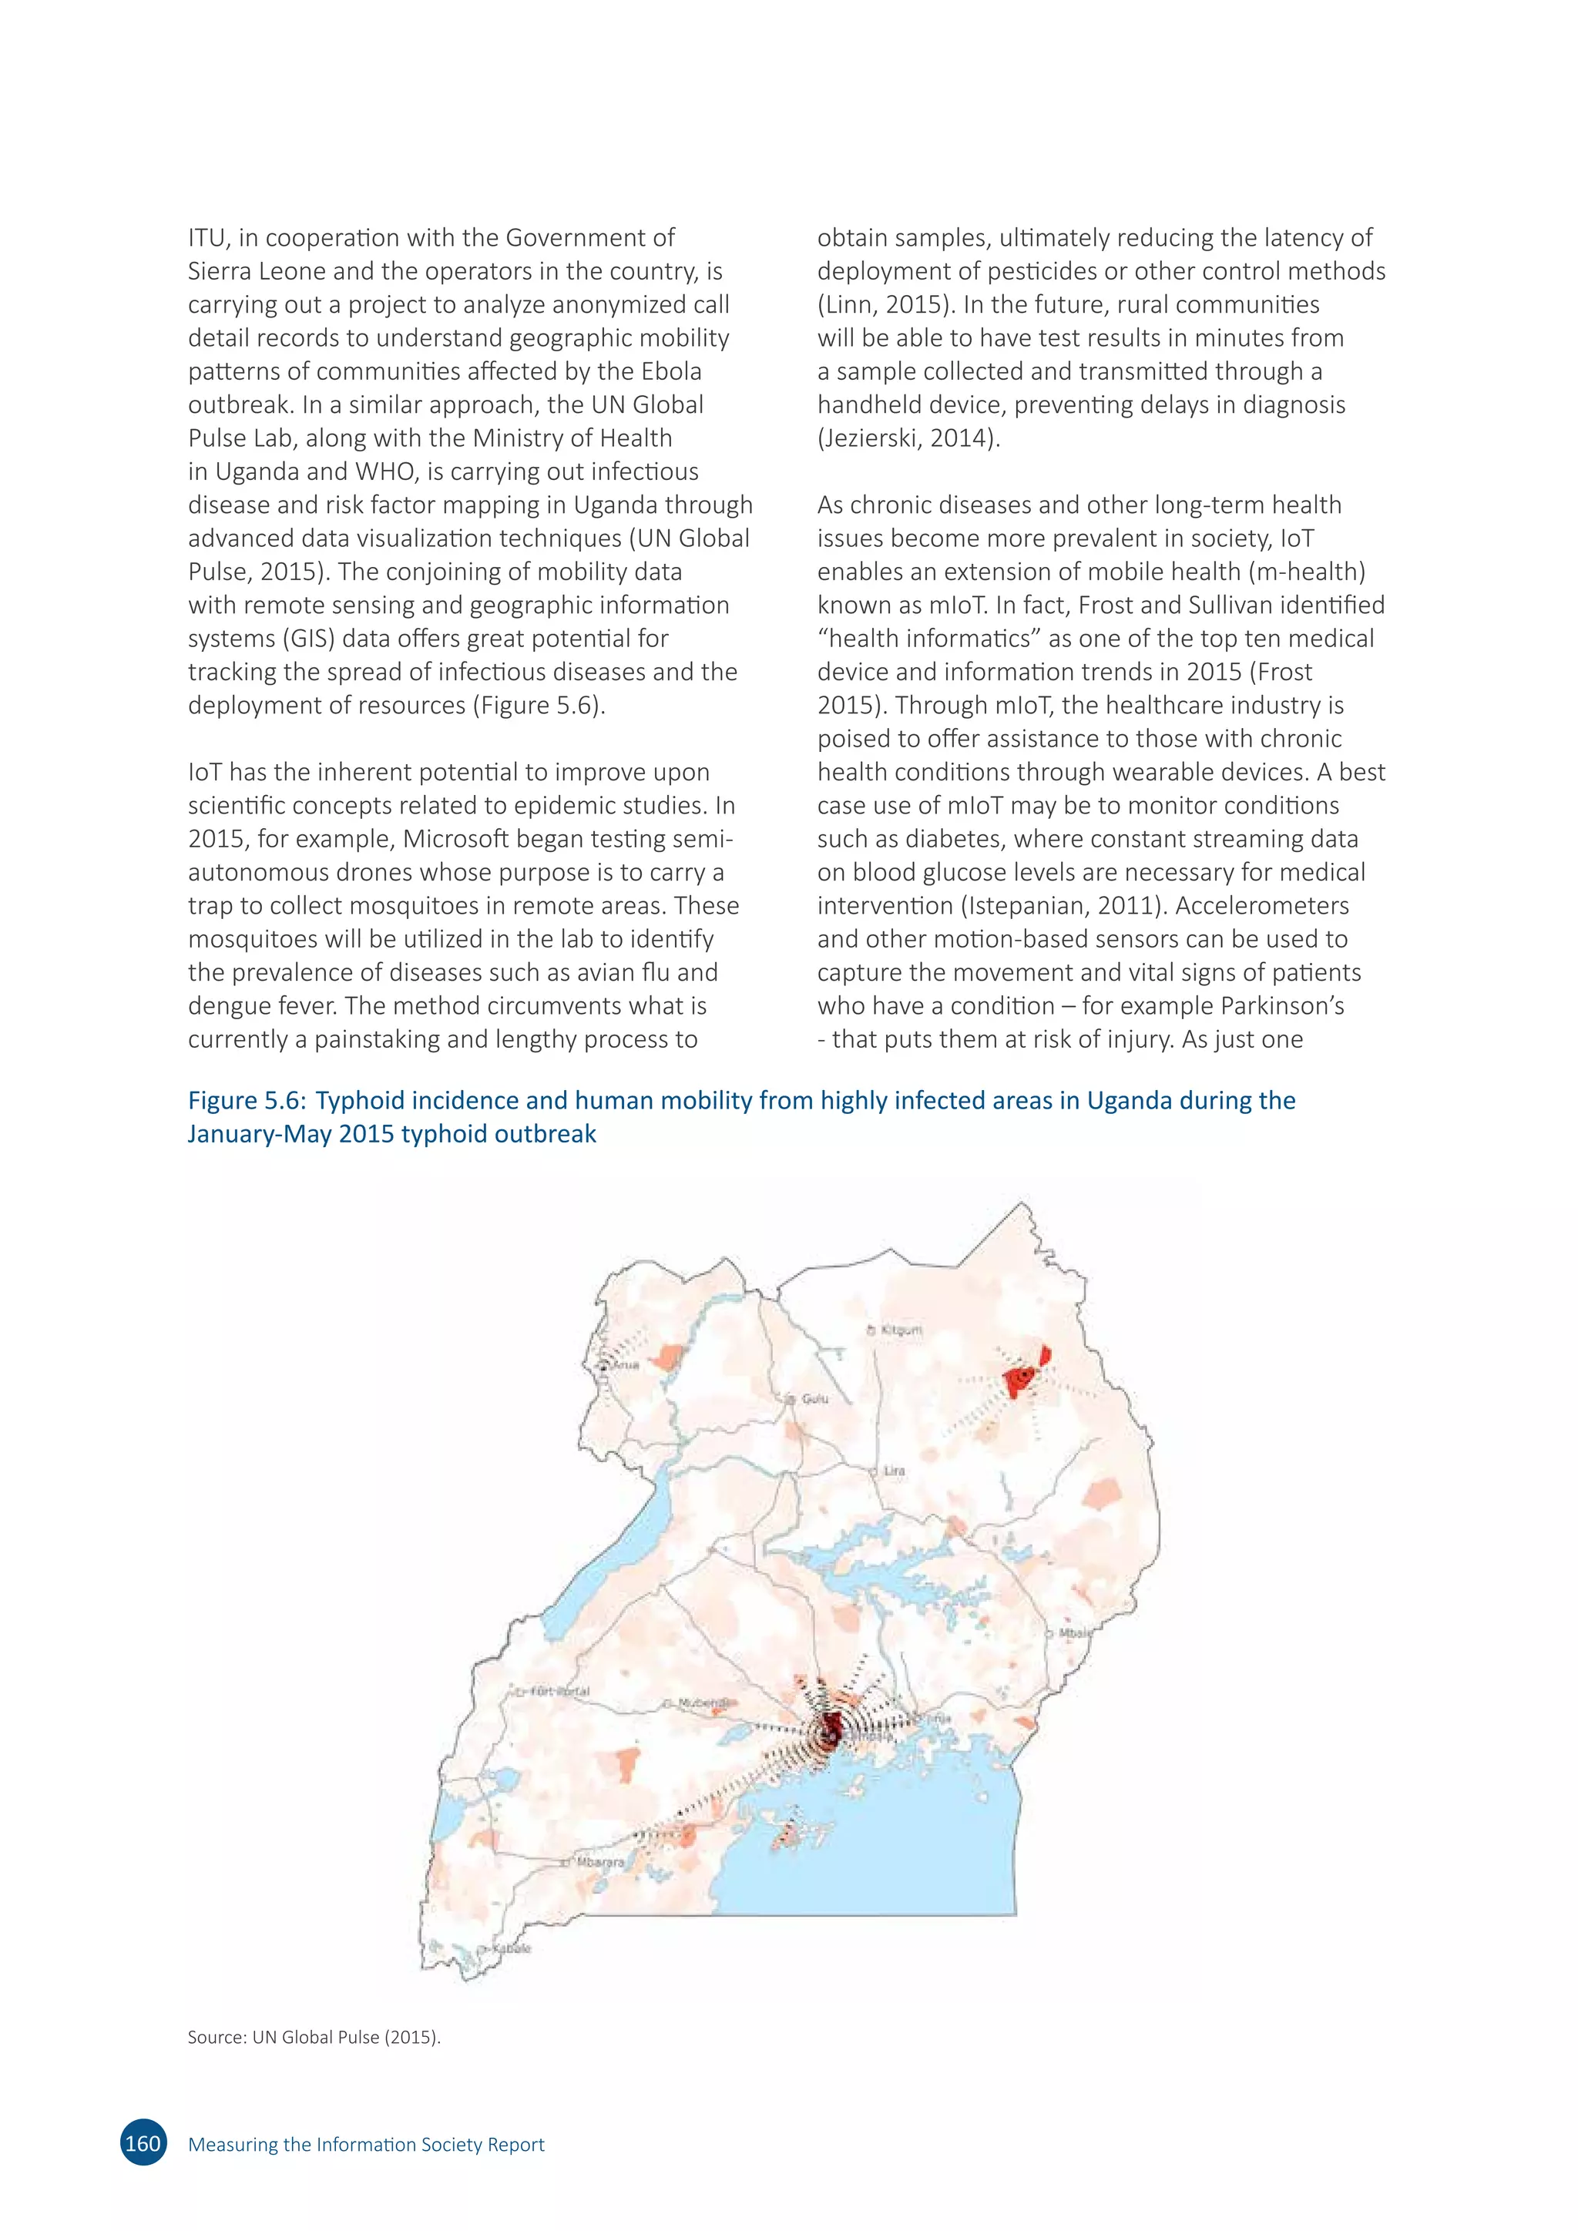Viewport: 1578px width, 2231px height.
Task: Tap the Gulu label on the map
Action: pyautogui.click(x=814, y=1398)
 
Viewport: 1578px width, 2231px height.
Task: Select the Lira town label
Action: pyautogui.click(x=894, y=1470)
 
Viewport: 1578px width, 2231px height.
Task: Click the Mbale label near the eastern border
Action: pyautogui.click(x=1073, y=1633)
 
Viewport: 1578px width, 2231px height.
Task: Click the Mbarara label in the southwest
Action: pyautogui.click(x=599, y=1862)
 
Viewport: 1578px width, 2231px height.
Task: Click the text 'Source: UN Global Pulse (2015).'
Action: pyautogui.click(x=314, y=2037)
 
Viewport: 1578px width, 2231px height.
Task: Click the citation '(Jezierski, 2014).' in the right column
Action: pyautogui.click(x=908, y=438)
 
